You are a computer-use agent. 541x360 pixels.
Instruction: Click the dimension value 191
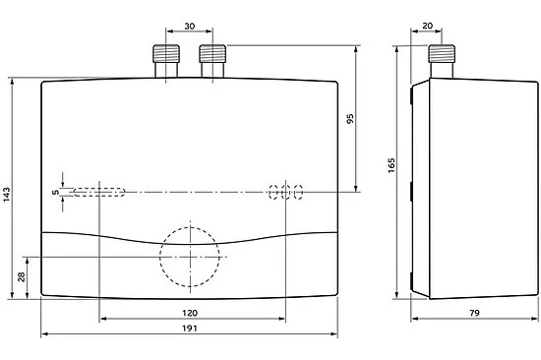coord(190,328)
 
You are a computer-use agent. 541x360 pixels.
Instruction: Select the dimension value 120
coord(190,313)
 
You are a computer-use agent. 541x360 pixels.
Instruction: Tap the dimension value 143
coord(7,195)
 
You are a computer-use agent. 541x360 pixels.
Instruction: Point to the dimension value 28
coord(22,276)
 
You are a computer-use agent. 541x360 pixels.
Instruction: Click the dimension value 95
coord(350,119)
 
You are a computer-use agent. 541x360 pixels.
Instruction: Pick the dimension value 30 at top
coord(190,27)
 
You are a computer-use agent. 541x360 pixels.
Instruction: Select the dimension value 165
coord(391,165)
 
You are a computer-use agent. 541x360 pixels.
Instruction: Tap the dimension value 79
coord(474,313)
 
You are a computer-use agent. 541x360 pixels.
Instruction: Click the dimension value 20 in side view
coord(427,26)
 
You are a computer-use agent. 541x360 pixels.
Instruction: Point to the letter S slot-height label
coord(56,192)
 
